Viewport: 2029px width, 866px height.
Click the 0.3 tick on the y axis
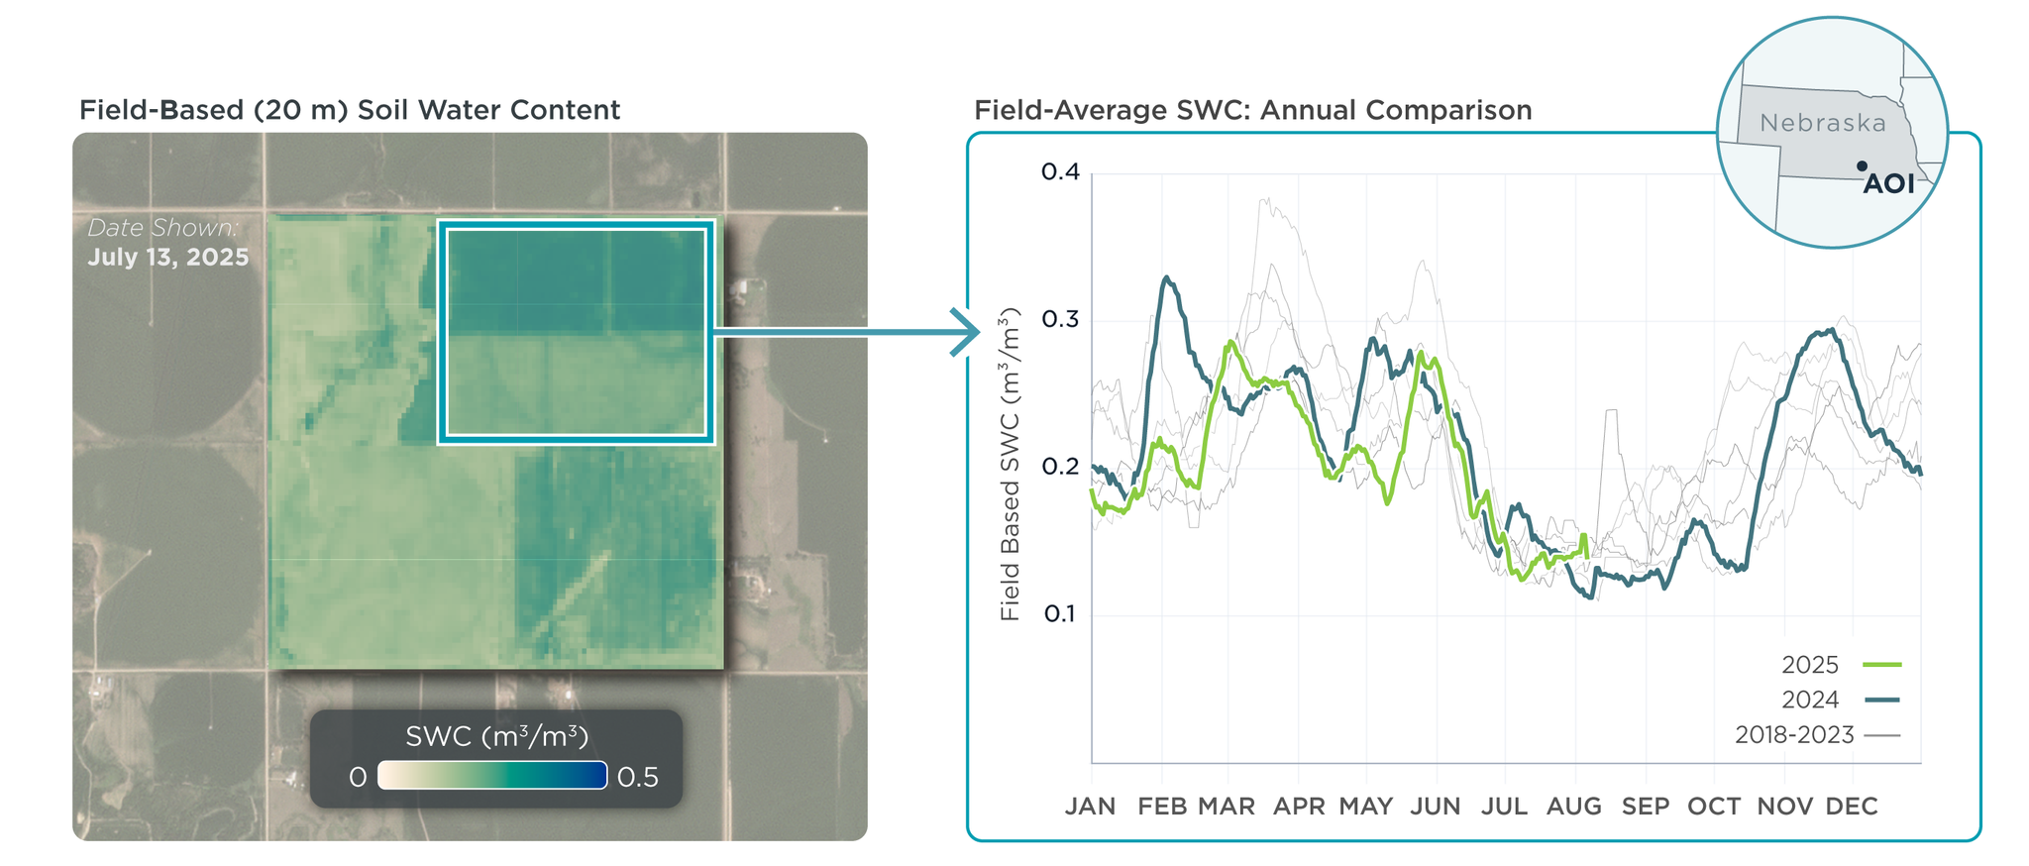coord(1060,320)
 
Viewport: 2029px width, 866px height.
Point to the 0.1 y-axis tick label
coord(1060,614)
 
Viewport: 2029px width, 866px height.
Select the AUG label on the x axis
coord(1573,807)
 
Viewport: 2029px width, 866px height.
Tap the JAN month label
coord(1090,807)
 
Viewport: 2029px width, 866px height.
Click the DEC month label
coord(1851,807)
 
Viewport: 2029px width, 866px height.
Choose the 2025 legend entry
coord(1840,665)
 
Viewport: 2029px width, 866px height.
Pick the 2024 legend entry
coord(1840,700)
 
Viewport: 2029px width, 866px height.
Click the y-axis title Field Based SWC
coord(1010,466)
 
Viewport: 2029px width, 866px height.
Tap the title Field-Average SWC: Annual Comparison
coord(1252,110)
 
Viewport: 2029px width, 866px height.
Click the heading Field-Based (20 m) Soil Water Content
coord(350,110)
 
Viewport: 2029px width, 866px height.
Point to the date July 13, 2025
coord(168,258)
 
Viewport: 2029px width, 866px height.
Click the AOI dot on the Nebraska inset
coord(1863,166)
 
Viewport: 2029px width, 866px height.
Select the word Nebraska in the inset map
coord(1823,124)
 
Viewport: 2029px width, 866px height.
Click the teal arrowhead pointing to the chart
coord(965,332)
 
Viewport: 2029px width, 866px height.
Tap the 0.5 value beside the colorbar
coord(637,777)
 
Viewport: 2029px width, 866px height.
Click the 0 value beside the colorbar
coord(358,777)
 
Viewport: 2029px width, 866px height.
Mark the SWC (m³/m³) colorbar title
coord(496,736)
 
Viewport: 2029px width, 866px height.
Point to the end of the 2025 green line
coord(1587,554)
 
